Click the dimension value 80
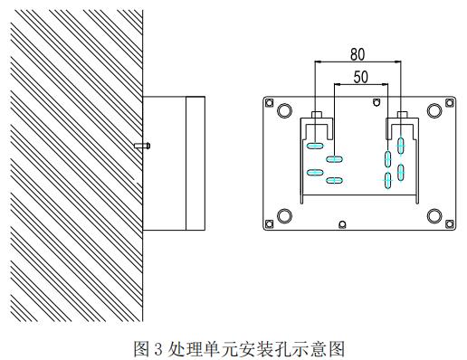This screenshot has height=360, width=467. tap(357, 55)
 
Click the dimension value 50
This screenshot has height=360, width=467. tap(361, 77)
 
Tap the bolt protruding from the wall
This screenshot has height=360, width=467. tap(142, 146)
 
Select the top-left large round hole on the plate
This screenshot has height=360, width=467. tap(284, 110)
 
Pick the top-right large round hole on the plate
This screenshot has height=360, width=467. tap(434, 110)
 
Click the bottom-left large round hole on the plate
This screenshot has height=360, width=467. tap(284, 216)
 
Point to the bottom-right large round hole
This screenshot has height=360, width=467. tap(434, 216)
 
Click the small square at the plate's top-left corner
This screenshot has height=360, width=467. tap(269, 103)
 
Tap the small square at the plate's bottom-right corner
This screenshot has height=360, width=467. tap(450, 223)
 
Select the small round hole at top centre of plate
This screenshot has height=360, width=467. tap(376, 103)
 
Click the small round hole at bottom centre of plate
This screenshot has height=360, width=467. tap(342, 224)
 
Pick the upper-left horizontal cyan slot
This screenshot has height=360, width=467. tap(315, 146)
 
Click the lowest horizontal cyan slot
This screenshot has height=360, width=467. tap(334, 181)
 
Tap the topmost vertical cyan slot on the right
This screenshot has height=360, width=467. tap(401, 146)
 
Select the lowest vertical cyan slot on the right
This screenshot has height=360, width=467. tap(388, 180)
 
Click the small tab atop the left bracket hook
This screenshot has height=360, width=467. tap(317, 114)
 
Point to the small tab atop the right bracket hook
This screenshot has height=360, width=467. tap(403, 114)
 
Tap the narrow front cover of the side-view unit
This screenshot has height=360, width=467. tap(195, 164)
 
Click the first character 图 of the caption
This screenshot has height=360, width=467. tap(141, 349)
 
